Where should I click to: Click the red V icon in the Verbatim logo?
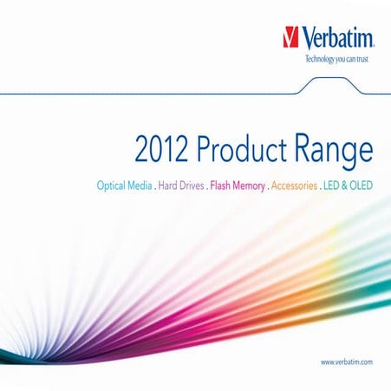click(291, 36)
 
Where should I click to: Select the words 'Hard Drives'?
click(179, 186)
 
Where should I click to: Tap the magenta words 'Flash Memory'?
click(238, 186)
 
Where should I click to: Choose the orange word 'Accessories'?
click(295, 186)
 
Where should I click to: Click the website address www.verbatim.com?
click(346, 360)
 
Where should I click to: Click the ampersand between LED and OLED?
click(343, 186)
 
